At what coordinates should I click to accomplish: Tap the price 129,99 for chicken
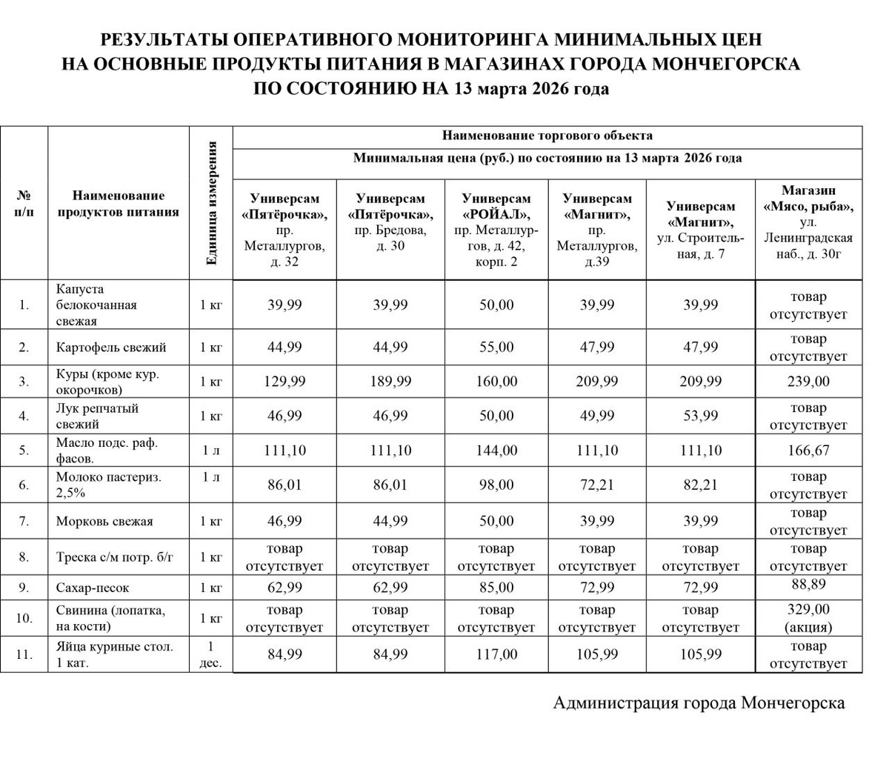pos(284,382)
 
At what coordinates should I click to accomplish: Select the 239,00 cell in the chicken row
pos(808,382)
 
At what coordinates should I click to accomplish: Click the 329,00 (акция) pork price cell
pos(808,618)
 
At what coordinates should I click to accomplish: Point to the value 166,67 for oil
pos(808,451)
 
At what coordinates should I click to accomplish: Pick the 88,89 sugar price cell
pos(808,585)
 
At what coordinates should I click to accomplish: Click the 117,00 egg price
pos(496,655)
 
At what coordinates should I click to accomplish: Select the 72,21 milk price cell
pos(597,485)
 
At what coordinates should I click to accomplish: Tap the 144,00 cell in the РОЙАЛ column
pos(496,451)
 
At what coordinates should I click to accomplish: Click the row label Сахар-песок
pos(93,588)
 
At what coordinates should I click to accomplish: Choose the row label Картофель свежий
pos(111,348)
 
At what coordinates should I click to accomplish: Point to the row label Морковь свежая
pos(104,521)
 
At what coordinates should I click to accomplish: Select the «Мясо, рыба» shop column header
pos(808,222)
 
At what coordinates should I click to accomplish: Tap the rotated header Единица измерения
pos(211,203)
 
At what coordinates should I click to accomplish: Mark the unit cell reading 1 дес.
pos(211,655)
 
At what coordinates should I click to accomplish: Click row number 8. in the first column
pos(24,557)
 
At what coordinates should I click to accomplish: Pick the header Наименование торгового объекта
pos(547,136)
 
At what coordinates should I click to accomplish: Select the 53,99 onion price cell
pos(700,416)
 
